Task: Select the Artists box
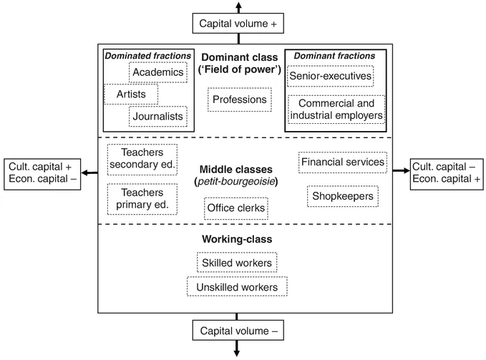tap(131, 94)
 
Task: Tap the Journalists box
tap(157, 116)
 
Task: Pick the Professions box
tap(239, 99)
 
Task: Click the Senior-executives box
tap(331, 76)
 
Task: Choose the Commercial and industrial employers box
tap(336, 108)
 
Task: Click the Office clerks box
tap(236, 208)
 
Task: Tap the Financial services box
tap(343, 162)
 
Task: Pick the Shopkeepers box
tap(342, 196)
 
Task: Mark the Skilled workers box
tap(237, 263)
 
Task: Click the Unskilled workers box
tap(237, 287)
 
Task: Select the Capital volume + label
tap(238, 24)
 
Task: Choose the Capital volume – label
tap(238, 331)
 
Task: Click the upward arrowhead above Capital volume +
tap(238, 5)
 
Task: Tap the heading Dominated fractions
tap(148, 55)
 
